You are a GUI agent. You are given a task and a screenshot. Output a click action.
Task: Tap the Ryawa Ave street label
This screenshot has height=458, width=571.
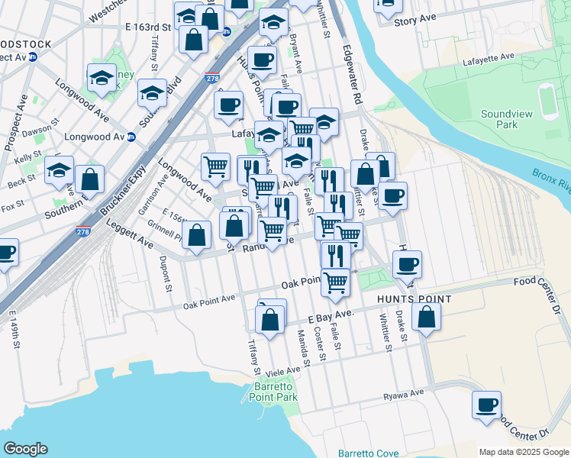click(x=403, y=394)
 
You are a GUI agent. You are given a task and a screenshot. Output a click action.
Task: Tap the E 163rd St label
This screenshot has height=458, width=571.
click(x=151, y=27)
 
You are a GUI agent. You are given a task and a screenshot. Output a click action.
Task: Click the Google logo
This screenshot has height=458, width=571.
click(x=25, y=449)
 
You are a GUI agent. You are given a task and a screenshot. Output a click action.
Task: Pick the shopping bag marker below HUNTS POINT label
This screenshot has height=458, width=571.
click(x=427, y=316)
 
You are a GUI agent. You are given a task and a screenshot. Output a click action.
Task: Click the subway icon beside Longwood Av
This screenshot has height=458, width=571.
click(x=131, y=137)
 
